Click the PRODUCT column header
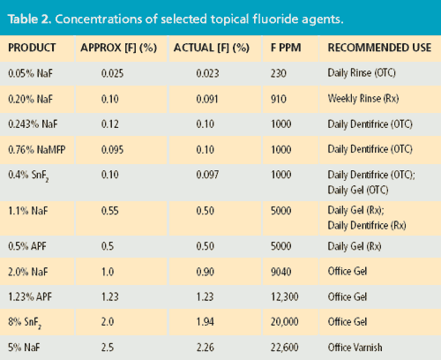tap(32, 48)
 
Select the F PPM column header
tap(286, 48)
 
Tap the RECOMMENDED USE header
tap(379, 48)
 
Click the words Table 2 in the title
tap(30, 19)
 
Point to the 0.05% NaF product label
tap(30, 73)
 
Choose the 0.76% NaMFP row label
tap(37, 150)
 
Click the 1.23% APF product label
tap(30, 296)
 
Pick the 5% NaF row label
tap(24, 348)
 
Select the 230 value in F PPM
tap(279, 73)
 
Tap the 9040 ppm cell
tap(281, 272)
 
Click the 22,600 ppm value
tap(285, 348)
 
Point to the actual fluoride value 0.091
tap(207, 99)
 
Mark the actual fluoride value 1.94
tap(206, 322)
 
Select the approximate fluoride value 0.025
tap(112, 73)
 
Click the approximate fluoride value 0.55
tap(110, 211)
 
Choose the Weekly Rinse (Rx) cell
tap(363, 99)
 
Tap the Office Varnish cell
tap(355, 348)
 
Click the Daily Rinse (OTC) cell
tap(362, 73)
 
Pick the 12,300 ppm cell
tap(285, 296)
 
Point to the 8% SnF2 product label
tap(25, 323)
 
